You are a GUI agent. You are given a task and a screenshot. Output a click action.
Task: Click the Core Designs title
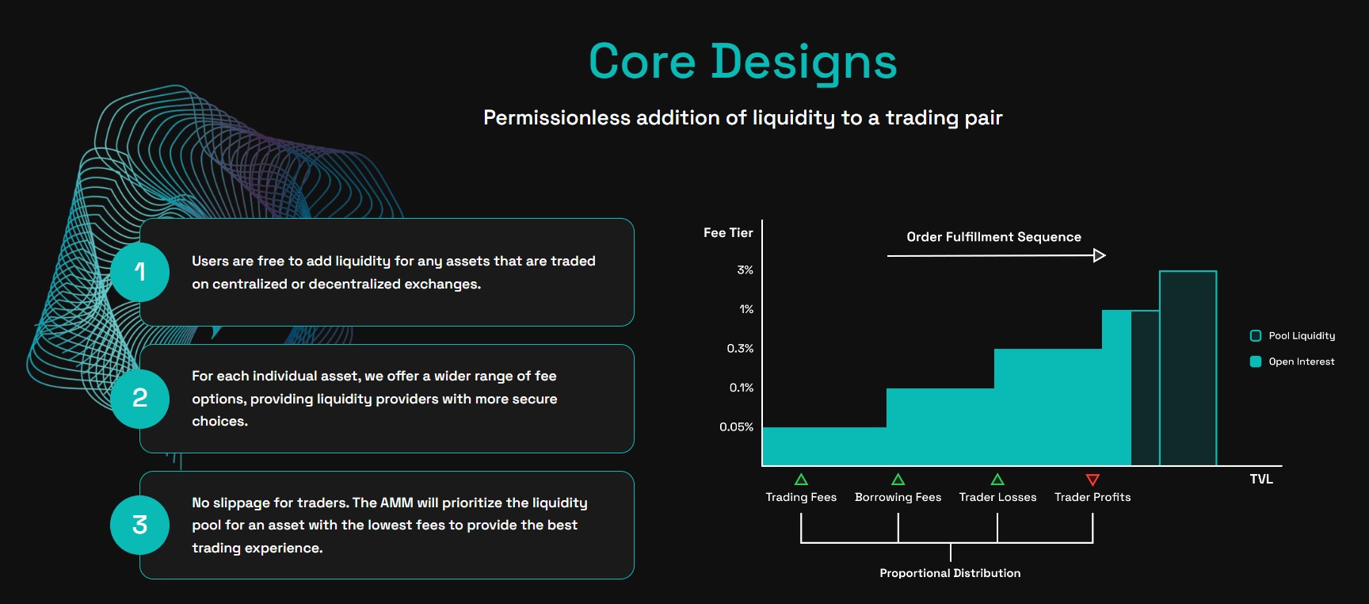(742, 62)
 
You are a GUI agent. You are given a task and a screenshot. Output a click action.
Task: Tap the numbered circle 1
(140, 272)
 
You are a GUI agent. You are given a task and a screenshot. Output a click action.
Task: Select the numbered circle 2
(140, 398)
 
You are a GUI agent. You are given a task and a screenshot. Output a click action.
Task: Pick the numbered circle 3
(140, 524)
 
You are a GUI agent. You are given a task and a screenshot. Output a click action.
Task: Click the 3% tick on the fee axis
(745, 270)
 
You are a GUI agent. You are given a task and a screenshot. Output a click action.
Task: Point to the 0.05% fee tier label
(736, 426)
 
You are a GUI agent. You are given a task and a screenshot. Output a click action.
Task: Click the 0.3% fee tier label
(740, 348)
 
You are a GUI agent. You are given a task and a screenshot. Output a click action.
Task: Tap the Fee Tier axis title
(728, 232)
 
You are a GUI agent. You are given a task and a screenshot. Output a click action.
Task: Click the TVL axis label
(1261, 479)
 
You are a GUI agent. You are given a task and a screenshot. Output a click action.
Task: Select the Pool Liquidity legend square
(1256, 336)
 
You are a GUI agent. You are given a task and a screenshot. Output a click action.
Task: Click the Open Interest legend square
(1256, 361)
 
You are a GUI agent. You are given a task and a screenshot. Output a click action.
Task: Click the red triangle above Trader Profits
(1093, 480)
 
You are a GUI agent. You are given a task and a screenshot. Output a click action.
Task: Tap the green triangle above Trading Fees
(801, 480)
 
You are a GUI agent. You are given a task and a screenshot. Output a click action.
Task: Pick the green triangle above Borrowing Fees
(898, 480)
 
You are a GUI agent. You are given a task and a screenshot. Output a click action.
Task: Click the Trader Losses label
(997, 497)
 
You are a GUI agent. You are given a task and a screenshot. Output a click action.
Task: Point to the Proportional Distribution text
(950, 573)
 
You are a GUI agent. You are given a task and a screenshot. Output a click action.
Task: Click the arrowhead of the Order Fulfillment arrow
(1100, 255)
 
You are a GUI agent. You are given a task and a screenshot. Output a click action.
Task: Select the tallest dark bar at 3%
(1188, 369)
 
